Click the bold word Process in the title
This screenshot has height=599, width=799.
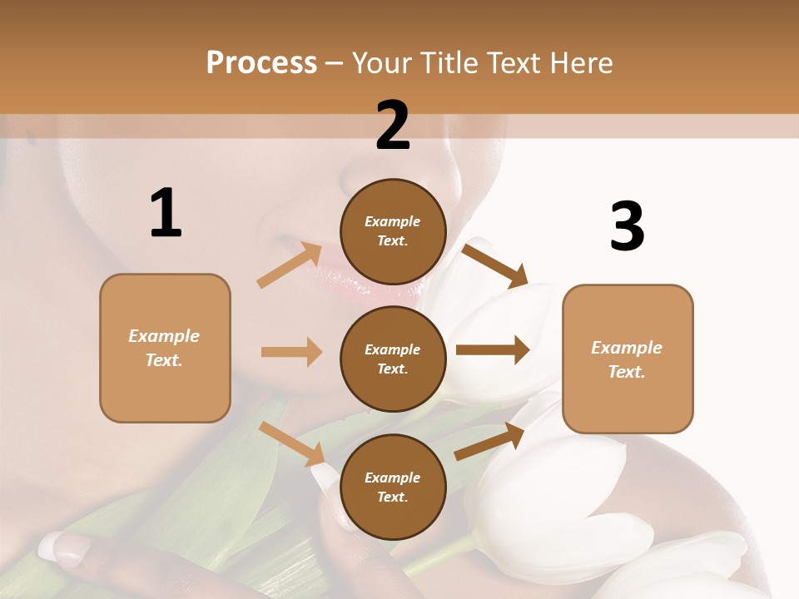(x=261, y=63)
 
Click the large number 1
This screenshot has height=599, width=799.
(x=166, y=214)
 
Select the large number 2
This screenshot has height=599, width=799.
(x=393, y=126)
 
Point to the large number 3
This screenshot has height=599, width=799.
(x=627, y=226)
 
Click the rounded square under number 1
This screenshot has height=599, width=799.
(x=165, y=348)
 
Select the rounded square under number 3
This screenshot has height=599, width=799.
(x=628, y=359)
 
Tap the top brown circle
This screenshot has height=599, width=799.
(x=393, y=232)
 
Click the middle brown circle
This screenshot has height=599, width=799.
(x=393, y=359)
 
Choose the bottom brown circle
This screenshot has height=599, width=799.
(x=393, y=487)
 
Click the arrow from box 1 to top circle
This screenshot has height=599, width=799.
(x=290, y=265)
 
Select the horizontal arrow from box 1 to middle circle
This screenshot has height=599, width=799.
(x=291, y=352)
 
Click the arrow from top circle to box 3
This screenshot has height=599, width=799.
(x=494, y=265)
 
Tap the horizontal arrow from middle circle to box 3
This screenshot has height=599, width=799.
(x=492, y=350)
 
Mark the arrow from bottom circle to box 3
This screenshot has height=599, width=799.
(x=489, y=442)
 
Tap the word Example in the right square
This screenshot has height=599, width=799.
(x=626, y=348)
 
